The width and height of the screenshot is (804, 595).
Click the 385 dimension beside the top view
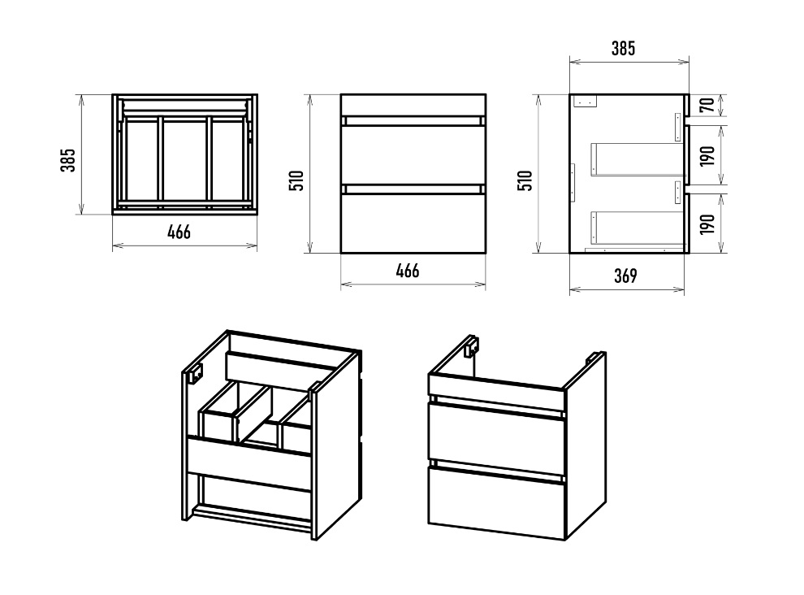(x=67, y=159)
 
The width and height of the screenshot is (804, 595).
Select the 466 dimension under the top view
(x=179, y=232)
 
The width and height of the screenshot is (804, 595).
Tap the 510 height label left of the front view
(x=297, y=180)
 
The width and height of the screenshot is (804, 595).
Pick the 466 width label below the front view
(x=408, y=271)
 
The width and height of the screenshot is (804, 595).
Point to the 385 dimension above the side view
(x=623, y=48)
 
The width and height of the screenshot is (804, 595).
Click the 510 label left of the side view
(x=525, y=180)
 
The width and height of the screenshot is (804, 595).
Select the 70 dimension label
(x=707, y=105)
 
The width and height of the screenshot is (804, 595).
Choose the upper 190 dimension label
(x=707, y=155)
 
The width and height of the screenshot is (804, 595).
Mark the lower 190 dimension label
(x=707, y=224)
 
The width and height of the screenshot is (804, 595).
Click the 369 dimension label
(x=625, y=276)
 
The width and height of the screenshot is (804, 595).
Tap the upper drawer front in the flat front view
(x=413, y=155)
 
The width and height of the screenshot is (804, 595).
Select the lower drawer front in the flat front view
(x=413, y=224)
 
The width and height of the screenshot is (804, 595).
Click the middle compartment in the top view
(x=185, y=161)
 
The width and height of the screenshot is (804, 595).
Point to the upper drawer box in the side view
(x=636, y=159)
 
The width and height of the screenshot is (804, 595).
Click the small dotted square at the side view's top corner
(x=586, y=101)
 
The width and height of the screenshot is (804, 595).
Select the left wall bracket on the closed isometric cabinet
(x=472, y=346)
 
